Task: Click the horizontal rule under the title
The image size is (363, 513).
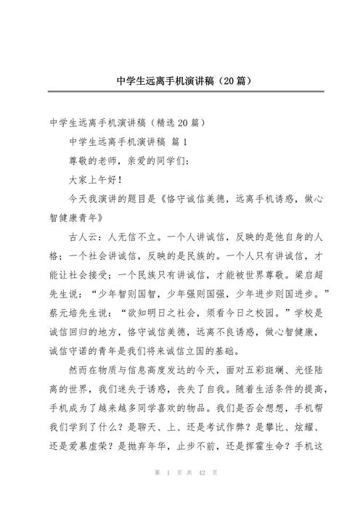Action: tap(181, 91)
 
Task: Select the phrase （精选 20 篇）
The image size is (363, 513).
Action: tap(174, 120)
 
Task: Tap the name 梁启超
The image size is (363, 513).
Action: tap(303, 274)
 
